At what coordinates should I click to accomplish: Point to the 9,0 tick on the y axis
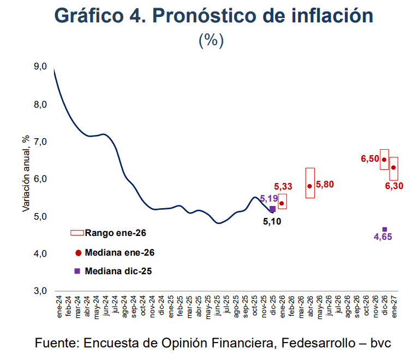coord(40,67)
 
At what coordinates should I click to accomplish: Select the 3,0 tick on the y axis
coord(40,291)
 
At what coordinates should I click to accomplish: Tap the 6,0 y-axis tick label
coord(40,179)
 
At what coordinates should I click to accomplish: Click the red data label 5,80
coord(325,184)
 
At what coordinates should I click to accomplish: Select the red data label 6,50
coord(369,159)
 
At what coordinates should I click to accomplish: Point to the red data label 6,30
coord(395,186)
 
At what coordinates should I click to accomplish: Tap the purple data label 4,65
coord(384,237)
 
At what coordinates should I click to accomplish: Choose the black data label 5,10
coord(272,222)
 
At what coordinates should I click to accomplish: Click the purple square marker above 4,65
coord(385,229)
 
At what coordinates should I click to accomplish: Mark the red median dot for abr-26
coord(309,186)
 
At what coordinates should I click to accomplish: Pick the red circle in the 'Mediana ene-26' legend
coord(78,252)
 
